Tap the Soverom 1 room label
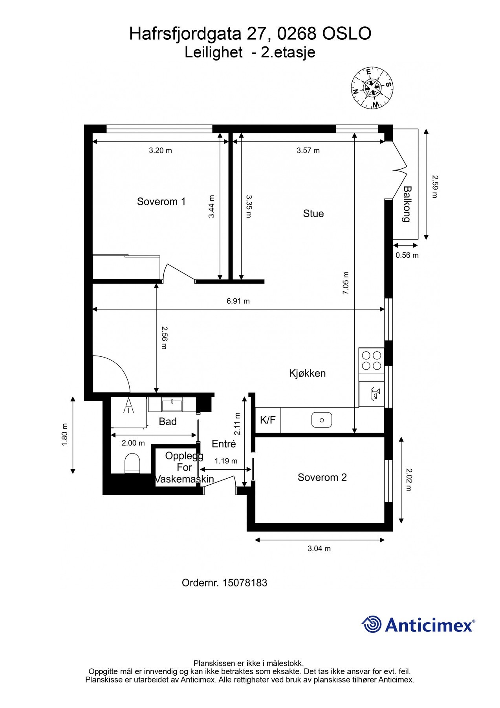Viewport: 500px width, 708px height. (161, 202)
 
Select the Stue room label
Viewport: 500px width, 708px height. (313, 214)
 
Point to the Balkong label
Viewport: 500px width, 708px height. (407, 204)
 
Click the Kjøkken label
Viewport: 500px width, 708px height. (308, 373)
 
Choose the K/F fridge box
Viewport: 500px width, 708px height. (268, 420)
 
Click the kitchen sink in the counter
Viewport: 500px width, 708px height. (322, 420)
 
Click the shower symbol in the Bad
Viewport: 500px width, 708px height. (128, 406)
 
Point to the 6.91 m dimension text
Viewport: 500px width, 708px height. (238, 301)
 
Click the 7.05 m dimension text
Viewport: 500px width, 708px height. (346, 283)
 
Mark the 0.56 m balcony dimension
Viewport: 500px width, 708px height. (407, 255)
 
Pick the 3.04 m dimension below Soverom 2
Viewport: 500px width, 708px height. (319, 549)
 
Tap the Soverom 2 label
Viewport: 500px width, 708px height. (322, 478)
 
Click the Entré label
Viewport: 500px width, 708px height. (224, 444)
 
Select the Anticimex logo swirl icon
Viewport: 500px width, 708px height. (372, 624)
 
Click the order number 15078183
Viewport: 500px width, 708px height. (245, 583)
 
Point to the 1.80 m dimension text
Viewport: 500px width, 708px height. (65, 435)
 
